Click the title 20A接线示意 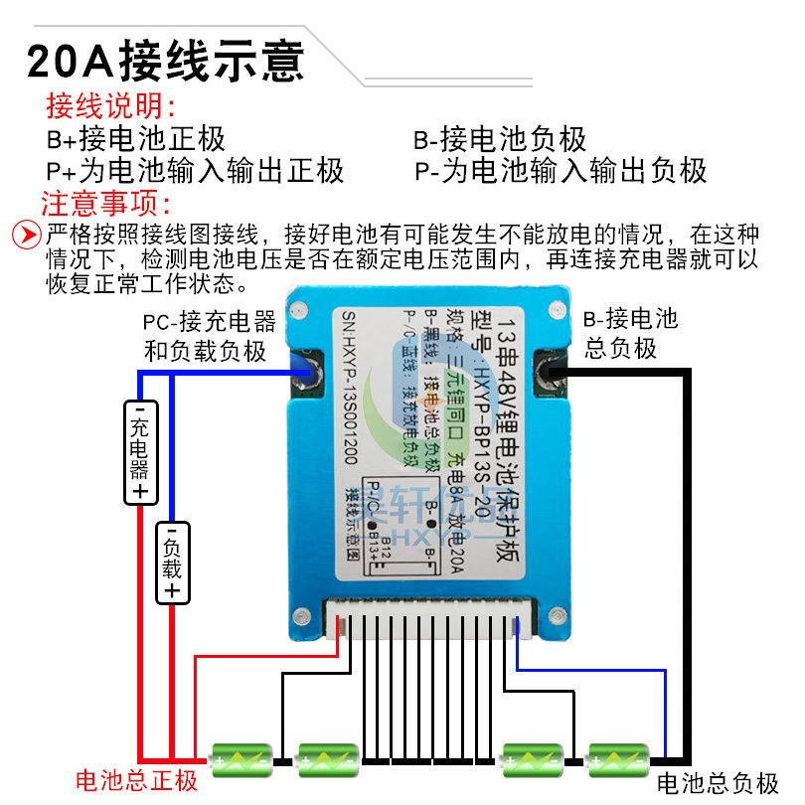click(165, 60)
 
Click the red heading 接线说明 click(110, 106)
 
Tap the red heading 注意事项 click(106, 204)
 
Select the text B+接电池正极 click(136, 139)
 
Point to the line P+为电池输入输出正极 click(196, 170)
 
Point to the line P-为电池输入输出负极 click(562, 170)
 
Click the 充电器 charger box click(140, 450)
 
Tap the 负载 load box click(172, 562)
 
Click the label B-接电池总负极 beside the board click(630, 333)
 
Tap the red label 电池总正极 click(137, 779)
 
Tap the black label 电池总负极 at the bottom click(718, 783)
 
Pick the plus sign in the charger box click(140, 491)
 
